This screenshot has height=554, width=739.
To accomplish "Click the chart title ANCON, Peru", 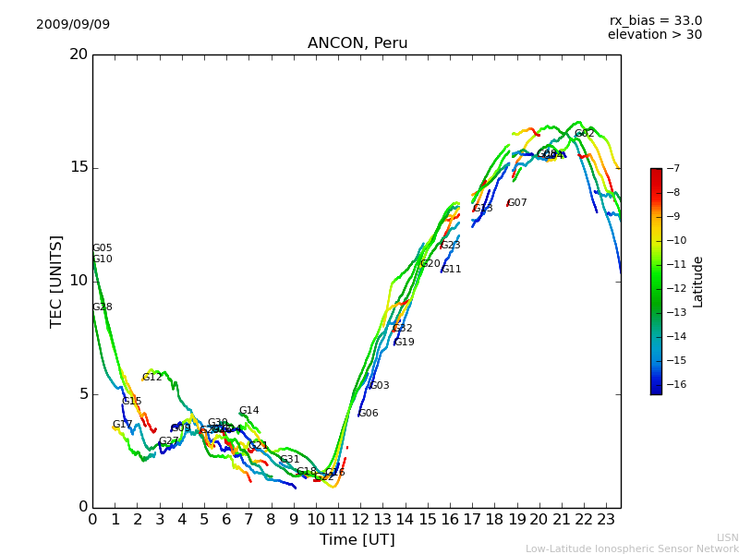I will click(x=357, y=43).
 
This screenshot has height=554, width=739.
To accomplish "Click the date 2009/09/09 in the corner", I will click(x=73, y=25).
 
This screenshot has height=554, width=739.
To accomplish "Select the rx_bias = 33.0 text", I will click(x=655, y=21).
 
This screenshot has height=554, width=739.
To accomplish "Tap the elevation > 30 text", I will click(x=654, y=35).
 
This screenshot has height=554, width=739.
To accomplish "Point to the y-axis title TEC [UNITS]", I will click(x=57, y=281).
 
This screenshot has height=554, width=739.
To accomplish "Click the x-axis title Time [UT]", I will click(x=357, y=540).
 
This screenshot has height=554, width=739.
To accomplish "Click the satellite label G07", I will click(x=516, y=203).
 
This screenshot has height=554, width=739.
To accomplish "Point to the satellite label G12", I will click(x=151, y=378).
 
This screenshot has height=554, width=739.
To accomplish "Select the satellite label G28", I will click(x=102, y=307).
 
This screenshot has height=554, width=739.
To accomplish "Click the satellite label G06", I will click(x=368, y=414).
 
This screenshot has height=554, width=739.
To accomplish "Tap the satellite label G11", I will click(x=451, y=270).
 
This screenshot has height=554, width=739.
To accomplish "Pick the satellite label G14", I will click(x=248, y=411).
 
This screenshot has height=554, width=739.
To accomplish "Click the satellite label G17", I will click(x=123, y=425).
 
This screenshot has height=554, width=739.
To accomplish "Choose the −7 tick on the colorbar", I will click(x=673, y=168).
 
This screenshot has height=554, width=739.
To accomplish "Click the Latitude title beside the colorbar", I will click(x=698, y=282).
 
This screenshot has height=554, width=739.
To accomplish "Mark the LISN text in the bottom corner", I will click(x=727, y=537).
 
